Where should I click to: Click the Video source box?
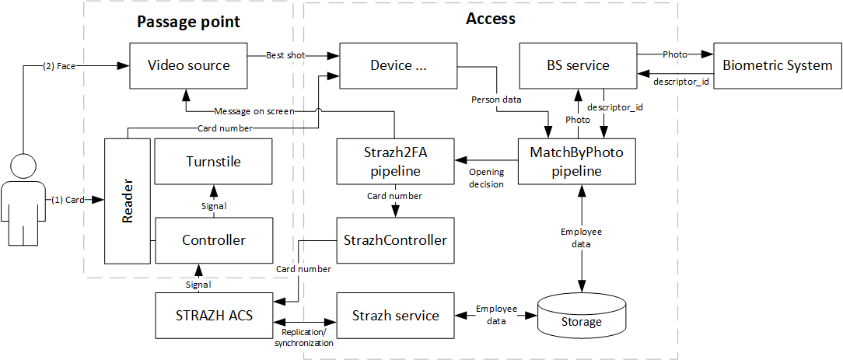188,65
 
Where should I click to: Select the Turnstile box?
213,162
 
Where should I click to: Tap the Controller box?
213,240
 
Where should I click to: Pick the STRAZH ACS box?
213,316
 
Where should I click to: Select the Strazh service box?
395,316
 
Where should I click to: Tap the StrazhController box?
395,240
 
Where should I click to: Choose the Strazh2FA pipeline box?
395,162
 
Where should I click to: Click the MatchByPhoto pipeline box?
576,162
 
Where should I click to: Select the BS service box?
576,65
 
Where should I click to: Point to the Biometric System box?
777,65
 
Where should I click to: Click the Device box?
399,65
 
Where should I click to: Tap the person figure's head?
23,166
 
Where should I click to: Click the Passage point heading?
188,21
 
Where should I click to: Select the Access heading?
490,19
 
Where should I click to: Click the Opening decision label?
486,178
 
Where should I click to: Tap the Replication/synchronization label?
303,338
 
